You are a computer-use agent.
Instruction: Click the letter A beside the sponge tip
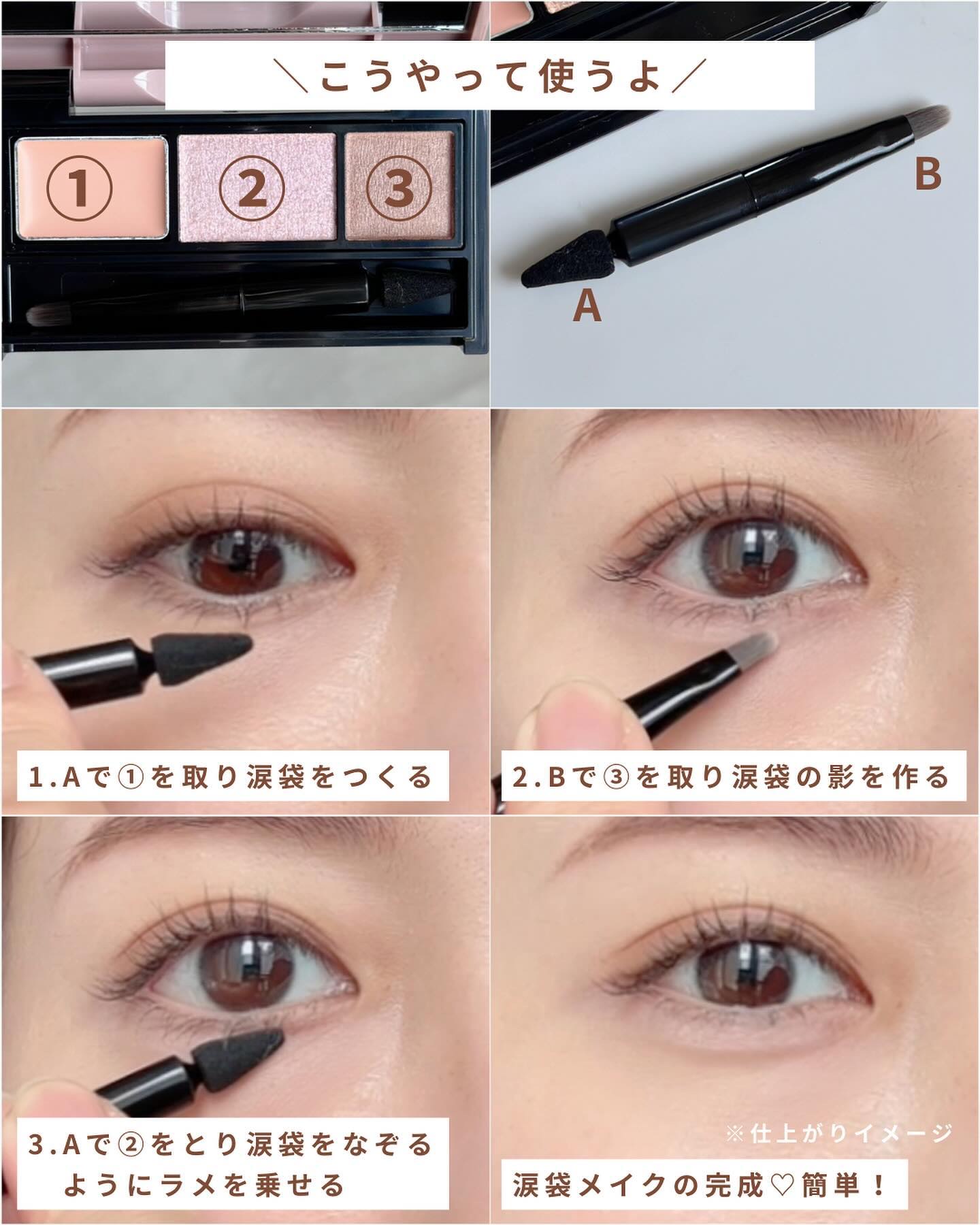[x=587, y=307]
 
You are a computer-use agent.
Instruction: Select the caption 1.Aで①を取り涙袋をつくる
[x=231, y=776]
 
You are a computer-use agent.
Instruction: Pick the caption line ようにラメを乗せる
[x=205, y=1185]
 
